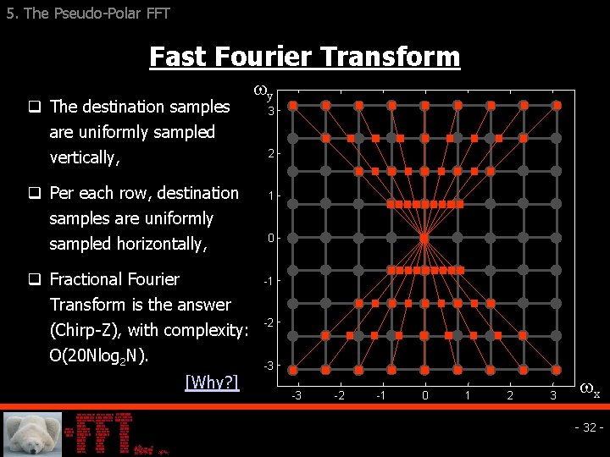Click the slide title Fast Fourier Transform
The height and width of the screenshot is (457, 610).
[x=304, y=57]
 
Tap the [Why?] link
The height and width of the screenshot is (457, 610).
[x=212, y=382]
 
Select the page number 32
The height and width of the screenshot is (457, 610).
[x=589, y=427]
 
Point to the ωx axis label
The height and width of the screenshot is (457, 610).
[x=590, y=392]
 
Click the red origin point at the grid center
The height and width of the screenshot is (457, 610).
[x=424, y=238]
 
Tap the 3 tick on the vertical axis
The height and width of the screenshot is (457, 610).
[x=270, y=111]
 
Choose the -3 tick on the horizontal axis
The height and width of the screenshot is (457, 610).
[x=296, y=395]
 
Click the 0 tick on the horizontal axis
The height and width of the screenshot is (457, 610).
[x=425, y=395]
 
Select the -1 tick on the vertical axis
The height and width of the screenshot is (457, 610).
[x=269, y=281]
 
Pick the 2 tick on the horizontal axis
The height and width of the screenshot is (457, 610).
[x=510, y=395]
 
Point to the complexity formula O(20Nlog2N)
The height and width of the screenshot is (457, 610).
[x=99, y=355]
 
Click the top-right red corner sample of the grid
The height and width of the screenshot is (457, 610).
[x=557, y=106]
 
